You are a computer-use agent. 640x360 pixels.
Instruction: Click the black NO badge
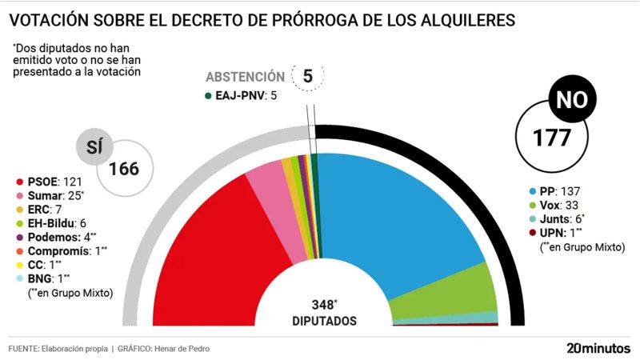570,102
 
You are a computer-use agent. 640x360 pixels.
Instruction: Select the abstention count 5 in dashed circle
307,77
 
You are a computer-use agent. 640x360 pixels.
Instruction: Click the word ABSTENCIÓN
245,78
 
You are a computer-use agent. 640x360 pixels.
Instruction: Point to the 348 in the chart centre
324,305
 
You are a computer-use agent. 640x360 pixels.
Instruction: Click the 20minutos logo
598,349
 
